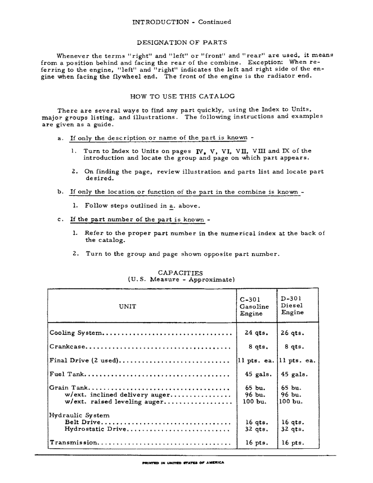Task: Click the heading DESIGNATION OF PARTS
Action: tap(182, 43)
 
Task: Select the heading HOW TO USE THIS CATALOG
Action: tap(182, 96)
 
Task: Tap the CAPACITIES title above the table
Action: tap(181, 273)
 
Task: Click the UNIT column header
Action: tap(128, 306)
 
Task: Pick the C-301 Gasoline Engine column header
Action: tap(254, 306)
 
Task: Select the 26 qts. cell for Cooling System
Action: tap(292, 333)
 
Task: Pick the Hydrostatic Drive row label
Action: tap(95, 428)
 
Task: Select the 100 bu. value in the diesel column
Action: tap(291, 401)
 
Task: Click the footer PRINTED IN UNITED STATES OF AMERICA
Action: tap(183, 462)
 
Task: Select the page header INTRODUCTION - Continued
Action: tap(182, 22)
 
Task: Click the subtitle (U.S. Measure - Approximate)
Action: tap(181, 279)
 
